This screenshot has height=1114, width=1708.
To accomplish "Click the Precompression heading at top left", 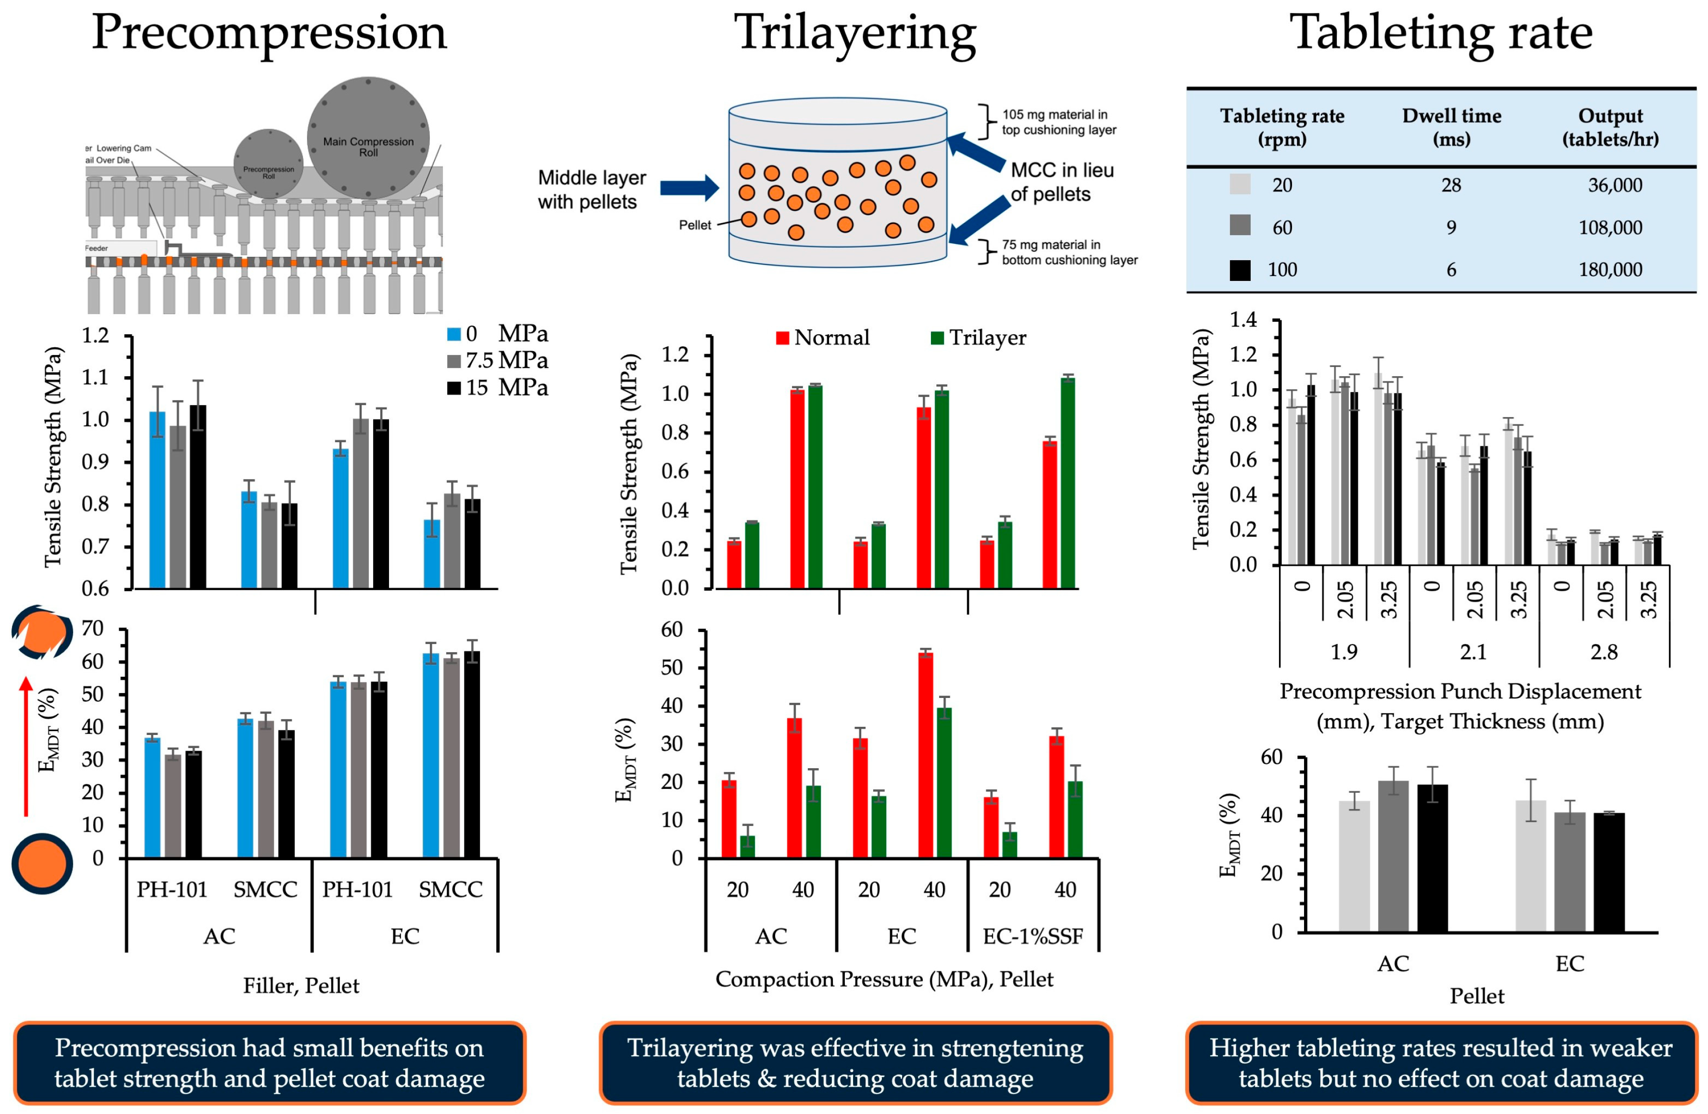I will [269, 33].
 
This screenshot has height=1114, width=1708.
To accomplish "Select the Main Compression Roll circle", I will [368, 138].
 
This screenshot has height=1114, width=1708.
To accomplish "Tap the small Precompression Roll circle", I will [268, 164].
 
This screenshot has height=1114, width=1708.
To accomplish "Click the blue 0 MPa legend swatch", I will [453, 334].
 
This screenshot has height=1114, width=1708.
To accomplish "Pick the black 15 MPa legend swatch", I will [453, 388].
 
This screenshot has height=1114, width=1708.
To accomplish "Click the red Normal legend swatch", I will [782, 338].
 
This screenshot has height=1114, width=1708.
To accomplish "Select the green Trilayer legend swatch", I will [937, 338].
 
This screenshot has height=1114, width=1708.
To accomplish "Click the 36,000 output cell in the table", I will [1615, 185].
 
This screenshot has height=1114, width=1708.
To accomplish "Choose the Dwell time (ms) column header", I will [1451, 127].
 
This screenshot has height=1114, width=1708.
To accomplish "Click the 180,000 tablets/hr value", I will [1610, 270].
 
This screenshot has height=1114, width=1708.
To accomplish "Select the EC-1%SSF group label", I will [1033, 936].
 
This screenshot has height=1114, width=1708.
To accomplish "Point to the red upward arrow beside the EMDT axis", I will [26, 747].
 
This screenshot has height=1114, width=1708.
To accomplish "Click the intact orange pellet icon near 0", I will [42, 863].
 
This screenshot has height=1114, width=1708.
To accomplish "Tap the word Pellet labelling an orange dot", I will [695, 226].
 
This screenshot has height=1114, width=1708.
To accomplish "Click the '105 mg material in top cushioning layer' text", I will [1058, 122].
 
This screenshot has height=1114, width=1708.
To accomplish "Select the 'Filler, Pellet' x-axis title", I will [301, 986].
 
